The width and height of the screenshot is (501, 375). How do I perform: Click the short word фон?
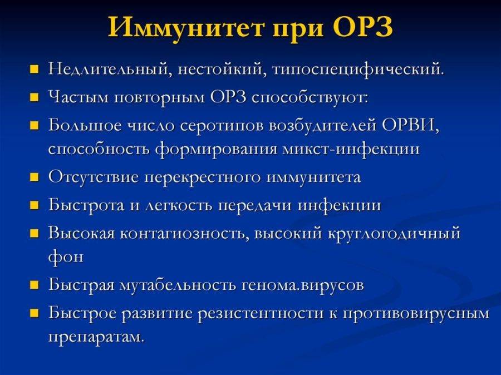pos(66,258)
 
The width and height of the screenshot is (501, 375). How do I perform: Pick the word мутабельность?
pos(178,285)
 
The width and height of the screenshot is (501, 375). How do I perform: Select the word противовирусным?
pos(416,313)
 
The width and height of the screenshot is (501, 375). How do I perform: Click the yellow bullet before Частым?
pos(35,98)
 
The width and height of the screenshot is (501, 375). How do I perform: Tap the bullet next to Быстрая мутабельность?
pos(35,286)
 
